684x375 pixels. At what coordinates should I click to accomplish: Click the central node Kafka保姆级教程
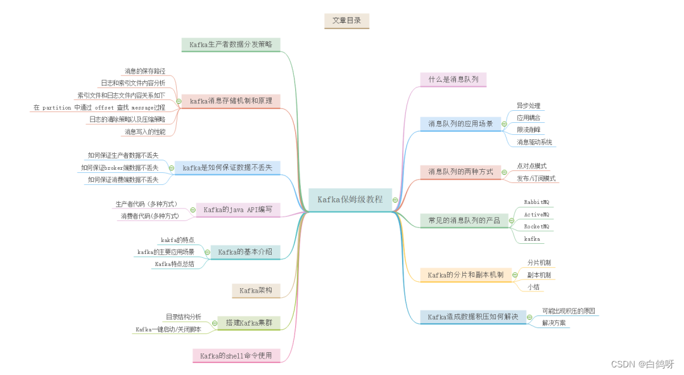[x=350, y=199]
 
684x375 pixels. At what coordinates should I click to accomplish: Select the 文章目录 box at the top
[x=346, y=21]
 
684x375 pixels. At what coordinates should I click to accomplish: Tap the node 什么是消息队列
[x=453, y=79]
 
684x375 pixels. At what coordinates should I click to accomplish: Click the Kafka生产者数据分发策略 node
[x=231, y=44]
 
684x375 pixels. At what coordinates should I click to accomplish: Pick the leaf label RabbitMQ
[x=536, y=201]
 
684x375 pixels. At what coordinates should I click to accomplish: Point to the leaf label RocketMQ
[x=536, y=226]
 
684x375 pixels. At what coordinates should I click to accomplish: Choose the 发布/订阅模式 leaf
[x=536, y=179]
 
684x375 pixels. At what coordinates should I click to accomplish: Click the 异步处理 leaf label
[x=528, y=106]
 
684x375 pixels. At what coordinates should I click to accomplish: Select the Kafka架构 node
[x=256, y=291]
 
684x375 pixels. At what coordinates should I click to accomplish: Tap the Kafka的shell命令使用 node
[x=236, y=355]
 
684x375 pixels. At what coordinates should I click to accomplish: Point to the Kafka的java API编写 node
[x=237, y=210]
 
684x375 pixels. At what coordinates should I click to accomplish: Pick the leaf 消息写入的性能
[x=145, y=132]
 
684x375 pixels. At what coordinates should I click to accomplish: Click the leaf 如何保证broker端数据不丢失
[x=120, y=168]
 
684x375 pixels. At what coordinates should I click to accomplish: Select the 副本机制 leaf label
[x=539, y=275]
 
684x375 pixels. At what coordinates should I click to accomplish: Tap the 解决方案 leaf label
[x=554, y=323]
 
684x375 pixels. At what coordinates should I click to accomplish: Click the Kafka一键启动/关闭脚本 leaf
[x=168, y=329]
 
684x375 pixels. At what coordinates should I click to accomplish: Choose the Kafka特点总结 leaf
[x=174, y=264]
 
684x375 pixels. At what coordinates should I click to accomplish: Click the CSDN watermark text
[x=642, y=364]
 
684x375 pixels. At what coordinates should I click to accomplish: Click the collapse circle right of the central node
[x=395, y=200]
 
